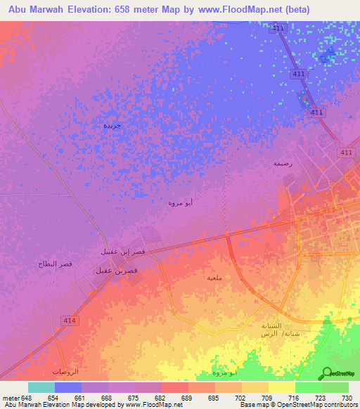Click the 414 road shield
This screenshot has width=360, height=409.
[x=75, y=320]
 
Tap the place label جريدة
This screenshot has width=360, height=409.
[x=112, y=125]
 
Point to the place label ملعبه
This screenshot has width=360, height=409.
[x=215, y=278]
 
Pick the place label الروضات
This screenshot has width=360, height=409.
[x=65, y=371]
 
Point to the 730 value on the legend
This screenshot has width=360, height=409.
[x=347, y=397]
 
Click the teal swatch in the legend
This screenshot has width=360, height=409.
[x=41, y=387]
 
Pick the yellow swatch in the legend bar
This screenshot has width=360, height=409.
[x=281, y=387]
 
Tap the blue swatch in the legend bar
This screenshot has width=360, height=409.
[x=68, y=387]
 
